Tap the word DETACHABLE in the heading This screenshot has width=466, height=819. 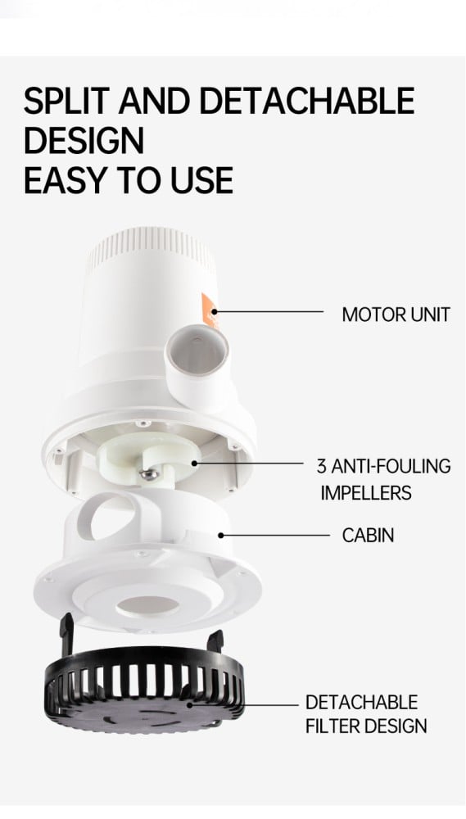(x=306, y=101)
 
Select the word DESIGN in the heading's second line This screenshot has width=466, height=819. (x=84, y=141)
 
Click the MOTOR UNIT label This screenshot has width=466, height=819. (x=396, y=314)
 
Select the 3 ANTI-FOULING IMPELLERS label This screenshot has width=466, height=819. (x=384, y=479)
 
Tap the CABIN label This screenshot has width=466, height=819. (x=368, y=536)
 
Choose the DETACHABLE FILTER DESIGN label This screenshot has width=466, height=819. (x=366, y=714)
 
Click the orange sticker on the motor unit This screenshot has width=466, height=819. (x=210, y=310)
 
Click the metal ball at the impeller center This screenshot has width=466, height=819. (x=149, y=474)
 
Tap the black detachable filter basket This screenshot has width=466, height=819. (x=143, y=687)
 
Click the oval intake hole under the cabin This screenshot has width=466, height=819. (x=147, y=606)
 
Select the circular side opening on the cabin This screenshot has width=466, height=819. (x=109, y=518)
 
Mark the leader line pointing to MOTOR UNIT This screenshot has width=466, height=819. (x=268, y=312)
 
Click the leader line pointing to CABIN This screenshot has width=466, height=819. (x=274, y=536)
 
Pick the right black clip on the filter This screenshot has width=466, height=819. (x=215, y=640)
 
